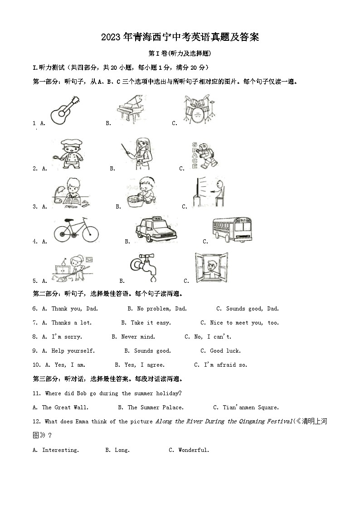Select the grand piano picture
pyautogui.click(x=131, y=109)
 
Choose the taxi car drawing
pyautogui.click(x=156, y=229)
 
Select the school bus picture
pyautogui.click(x=233, y=230)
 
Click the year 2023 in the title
pyautogui.click(x=111, y=37)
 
